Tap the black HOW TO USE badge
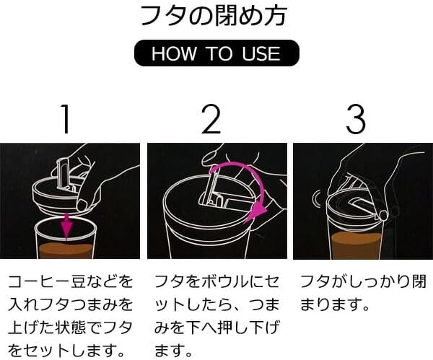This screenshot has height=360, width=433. pos(216,53)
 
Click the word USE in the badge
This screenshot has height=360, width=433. pos(261,53)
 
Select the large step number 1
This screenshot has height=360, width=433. pos(65,119)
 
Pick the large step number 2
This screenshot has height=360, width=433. pos(211,119)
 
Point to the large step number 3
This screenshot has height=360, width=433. pos(357,119)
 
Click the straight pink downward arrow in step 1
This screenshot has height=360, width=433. pos(66,226)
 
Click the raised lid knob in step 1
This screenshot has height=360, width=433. pos(61,174)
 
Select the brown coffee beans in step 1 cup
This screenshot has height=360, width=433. pos(65,250)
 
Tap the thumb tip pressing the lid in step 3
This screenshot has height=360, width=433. pos(382,215)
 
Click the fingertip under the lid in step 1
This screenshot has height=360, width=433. pos(82,205)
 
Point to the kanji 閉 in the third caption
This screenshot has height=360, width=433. pos(419,281)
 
